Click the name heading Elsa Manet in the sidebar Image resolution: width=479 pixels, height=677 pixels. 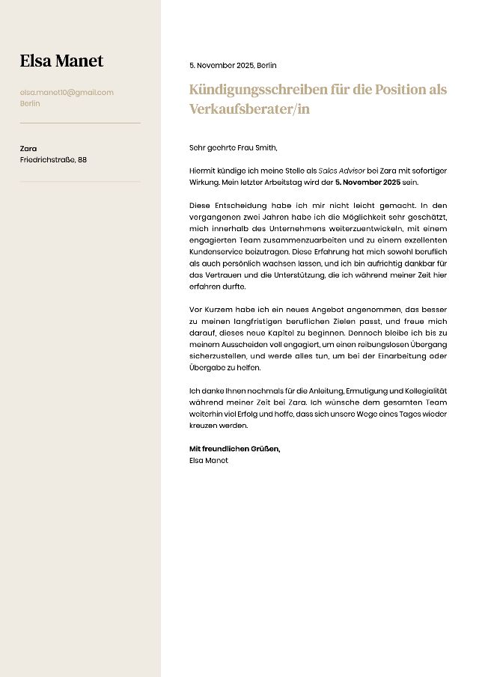tap(61, 61)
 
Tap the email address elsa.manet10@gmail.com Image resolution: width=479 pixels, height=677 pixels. tap(67, 92)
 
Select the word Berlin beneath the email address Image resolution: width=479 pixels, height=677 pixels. tap(30, 103)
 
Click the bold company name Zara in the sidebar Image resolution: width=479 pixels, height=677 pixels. tap(28, 148)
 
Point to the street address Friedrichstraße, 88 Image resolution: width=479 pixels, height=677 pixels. tap(53, 159)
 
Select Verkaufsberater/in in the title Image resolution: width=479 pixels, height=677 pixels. tap(249, 108)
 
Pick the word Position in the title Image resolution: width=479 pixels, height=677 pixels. tap(400, 90)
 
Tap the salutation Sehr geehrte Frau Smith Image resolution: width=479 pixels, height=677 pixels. tap(233, 148)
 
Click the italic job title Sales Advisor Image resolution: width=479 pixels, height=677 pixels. tap(341, 171)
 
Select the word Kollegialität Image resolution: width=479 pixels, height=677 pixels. tap(416, 390)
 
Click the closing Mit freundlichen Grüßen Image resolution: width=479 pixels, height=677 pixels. tap(234, 448)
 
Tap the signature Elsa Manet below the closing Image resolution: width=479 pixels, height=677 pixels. tap(209, 460)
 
